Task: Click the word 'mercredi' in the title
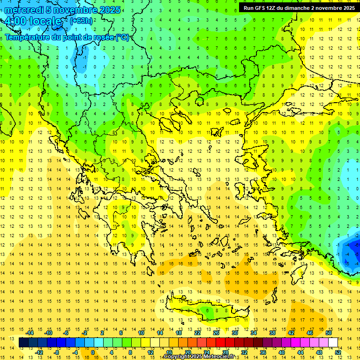pyautogui.click(x=24, y=10)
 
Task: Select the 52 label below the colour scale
pyautogui.click(x=338, y=352)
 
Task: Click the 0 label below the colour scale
pyautogui.click(x=92, y=352)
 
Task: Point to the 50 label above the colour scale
pyautogui.click(x=329, y=333)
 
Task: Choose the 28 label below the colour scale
pyautogui.click(x=225, y=352)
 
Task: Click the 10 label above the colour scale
pyautogui.click(x=141, y=333)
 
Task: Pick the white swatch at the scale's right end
pyautogui.click(x=333, y=343)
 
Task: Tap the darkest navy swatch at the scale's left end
pyautogui.click(x=24, y=343)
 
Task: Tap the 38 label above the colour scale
pyautogui.click(x=272, y=333)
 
